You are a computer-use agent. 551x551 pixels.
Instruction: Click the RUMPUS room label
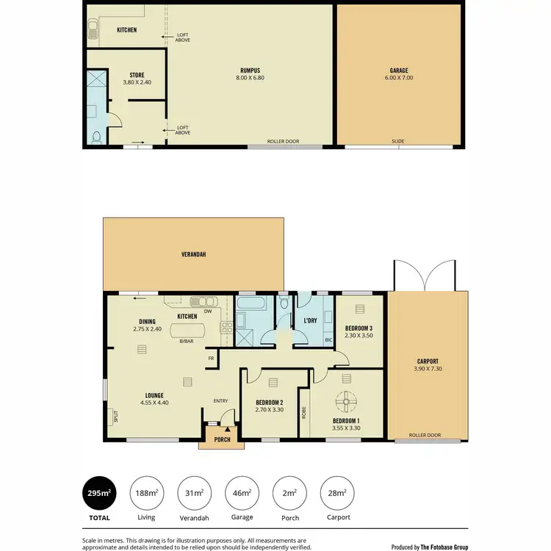tap(250, 71)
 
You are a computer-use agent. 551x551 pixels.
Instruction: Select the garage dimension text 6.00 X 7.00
tap(399, 78)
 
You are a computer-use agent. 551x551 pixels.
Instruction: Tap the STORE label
tap(136, 75)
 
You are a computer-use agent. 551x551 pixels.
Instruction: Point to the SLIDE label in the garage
tap(399, 140)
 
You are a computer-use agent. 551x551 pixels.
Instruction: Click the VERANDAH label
tap(193, 254)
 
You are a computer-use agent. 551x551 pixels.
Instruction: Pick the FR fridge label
tap(211, 359)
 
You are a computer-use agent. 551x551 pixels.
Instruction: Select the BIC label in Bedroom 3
tap(328, 340)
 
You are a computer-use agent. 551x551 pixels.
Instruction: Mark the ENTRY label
tap(220, 400)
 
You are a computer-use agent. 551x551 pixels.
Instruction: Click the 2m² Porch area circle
tap(289, 493)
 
